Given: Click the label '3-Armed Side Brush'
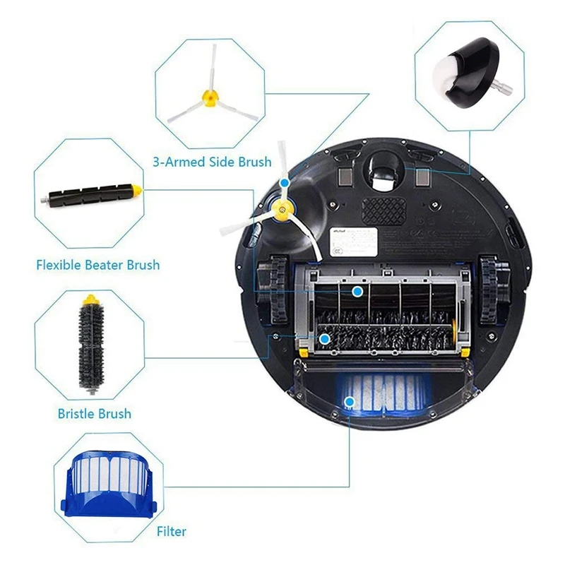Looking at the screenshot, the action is tap(212, 162).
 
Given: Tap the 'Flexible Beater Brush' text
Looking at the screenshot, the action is tap(97, 266).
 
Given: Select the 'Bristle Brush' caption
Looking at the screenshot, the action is tap(94, 414).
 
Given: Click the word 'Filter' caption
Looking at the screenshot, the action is tap(172, 531).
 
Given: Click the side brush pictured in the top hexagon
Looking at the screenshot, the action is tap(207, 94).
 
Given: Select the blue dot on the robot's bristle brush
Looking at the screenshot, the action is tap(324, 340).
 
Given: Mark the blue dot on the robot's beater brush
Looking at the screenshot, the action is tap(357, 291).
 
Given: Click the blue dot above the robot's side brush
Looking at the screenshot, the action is tap(284, 182).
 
